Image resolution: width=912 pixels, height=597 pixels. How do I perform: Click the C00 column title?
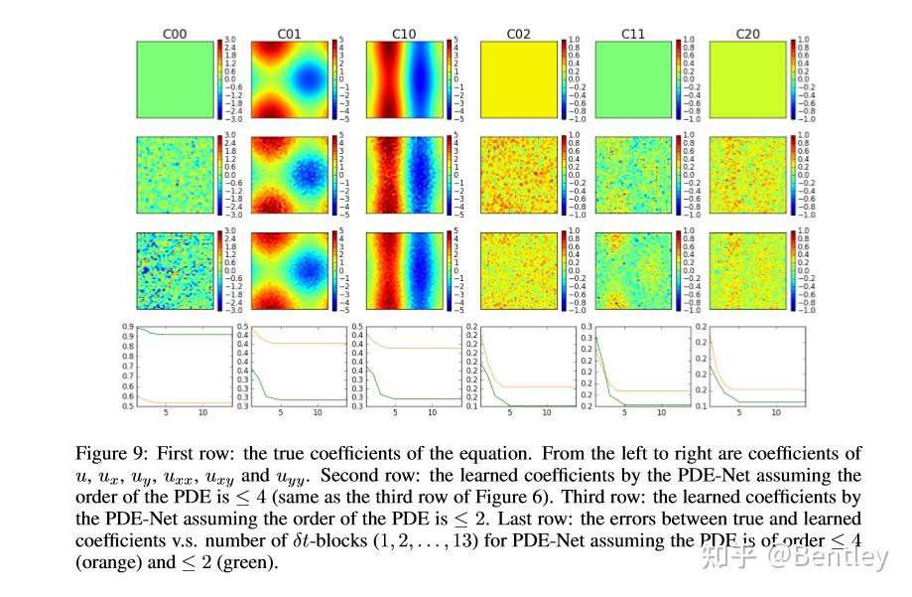175,34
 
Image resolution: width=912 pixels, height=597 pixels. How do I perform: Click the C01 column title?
289,34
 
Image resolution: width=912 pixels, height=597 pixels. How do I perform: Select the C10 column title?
404,34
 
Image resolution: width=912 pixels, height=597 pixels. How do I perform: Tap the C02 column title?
518,34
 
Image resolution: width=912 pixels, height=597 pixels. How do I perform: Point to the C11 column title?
633,34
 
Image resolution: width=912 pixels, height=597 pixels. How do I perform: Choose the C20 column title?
747,34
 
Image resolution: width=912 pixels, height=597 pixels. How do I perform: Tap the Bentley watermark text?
840,558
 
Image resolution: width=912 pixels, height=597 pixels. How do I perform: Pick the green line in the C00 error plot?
189,335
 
